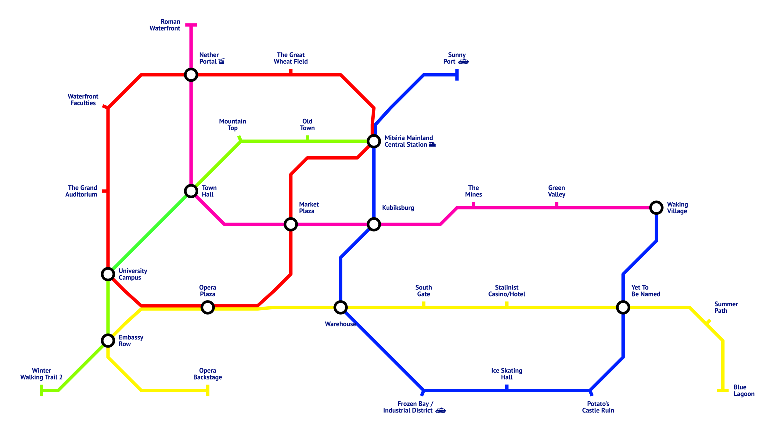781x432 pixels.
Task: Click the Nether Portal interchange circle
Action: point(191,75)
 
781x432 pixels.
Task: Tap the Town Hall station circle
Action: point(191,191)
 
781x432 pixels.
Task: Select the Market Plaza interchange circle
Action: point(291,224)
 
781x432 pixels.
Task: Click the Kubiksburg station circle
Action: point(374,224)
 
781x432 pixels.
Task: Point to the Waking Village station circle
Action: point(656,208)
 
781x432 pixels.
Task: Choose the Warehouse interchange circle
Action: point(340,307)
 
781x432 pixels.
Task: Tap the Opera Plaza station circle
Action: point(207,307)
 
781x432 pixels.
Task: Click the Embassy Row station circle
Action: point(108,340)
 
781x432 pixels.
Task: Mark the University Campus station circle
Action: point(108,274)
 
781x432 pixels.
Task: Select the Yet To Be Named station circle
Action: point(623,307)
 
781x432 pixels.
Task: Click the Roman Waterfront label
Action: point(165,25)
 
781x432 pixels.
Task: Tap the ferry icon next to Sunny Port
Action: point(463,62)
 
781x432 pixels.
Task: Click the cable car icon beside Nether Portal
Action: point(222,61)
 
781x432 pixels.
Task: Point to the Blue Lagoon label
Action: point(744,391)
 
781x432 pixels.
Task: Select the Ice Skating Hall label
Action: point(506,374)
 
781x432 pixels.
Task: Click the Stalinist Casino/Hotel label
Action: point(506,291)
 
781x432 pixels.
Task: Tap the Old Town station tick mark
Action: point(307,138)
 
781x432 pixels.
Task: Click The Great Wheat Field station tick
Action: point(291,72)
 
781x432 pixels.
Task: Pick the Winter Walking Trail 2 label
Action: point(41,374)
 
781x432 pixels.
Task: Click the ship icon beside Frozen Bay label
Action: point(441,410)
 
